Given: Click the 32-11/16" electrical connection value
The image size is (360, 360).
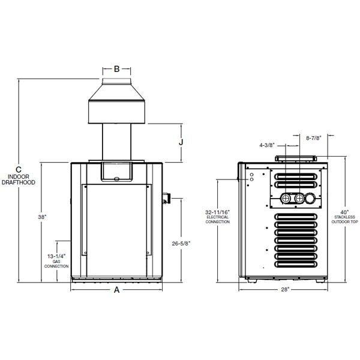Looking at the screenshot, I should [217, 212].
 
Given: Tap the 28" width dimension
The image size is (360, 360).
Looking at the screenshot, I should [284, 290].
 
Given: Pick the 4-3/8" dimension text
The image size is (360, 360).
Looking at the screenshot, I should [268, 145].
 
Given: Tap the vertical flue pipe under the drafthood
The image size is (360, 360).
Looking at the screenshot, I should [117, 143].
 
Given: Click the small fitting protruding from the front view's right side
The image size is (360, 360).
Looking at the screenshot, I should [167, 196].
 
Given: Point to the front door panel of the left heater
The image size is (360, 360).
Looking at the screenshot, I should [117, 228].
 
